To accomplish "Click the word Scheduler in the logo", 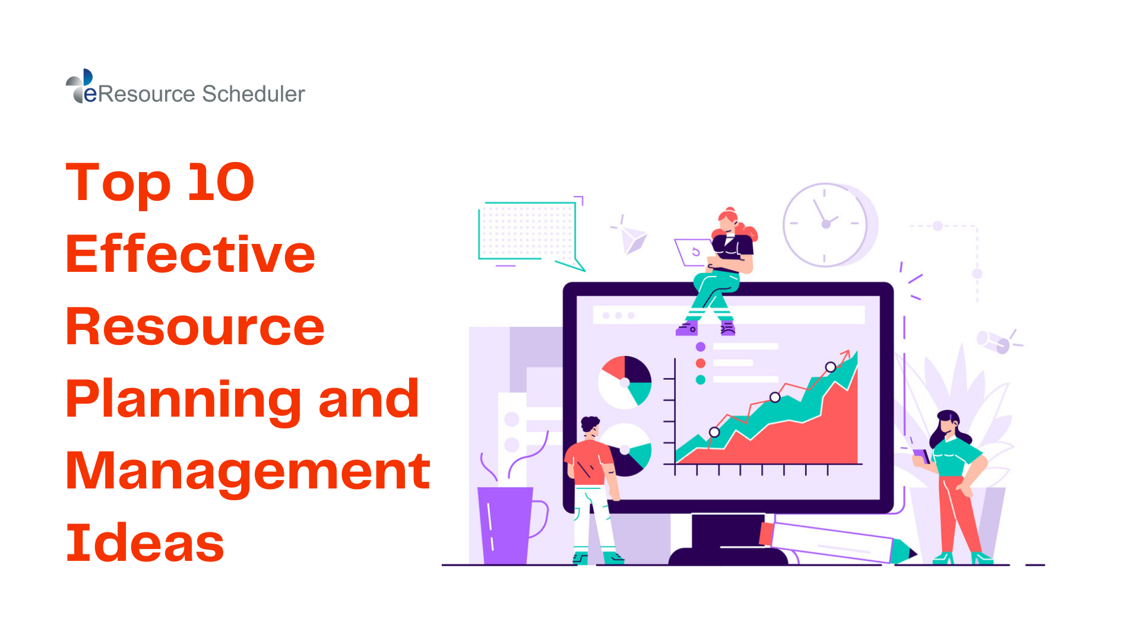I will pos(254,94).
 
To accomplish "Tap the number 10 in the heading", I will pos(221,182).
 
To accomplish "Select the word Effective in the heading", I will pos(190,254).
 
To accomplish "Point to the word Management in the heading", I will pos(248,471).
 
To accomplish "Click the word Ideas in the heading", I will pos(145,542).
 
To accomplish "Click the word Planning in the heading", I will pos(183,399).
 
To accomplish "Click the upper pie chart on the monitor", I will pos(625,382).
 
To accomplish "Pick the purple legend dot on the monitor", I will pos(701,347).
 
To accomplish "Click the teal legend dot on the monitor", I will pos(701,380).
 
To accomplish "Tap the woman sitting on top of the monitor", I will pos(724,267).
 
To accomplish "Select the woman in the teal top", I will pos(953,475).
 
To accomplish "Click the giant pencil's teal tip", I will pos(904,551).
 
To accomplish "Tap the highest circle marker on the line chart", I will pos(831,367).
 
